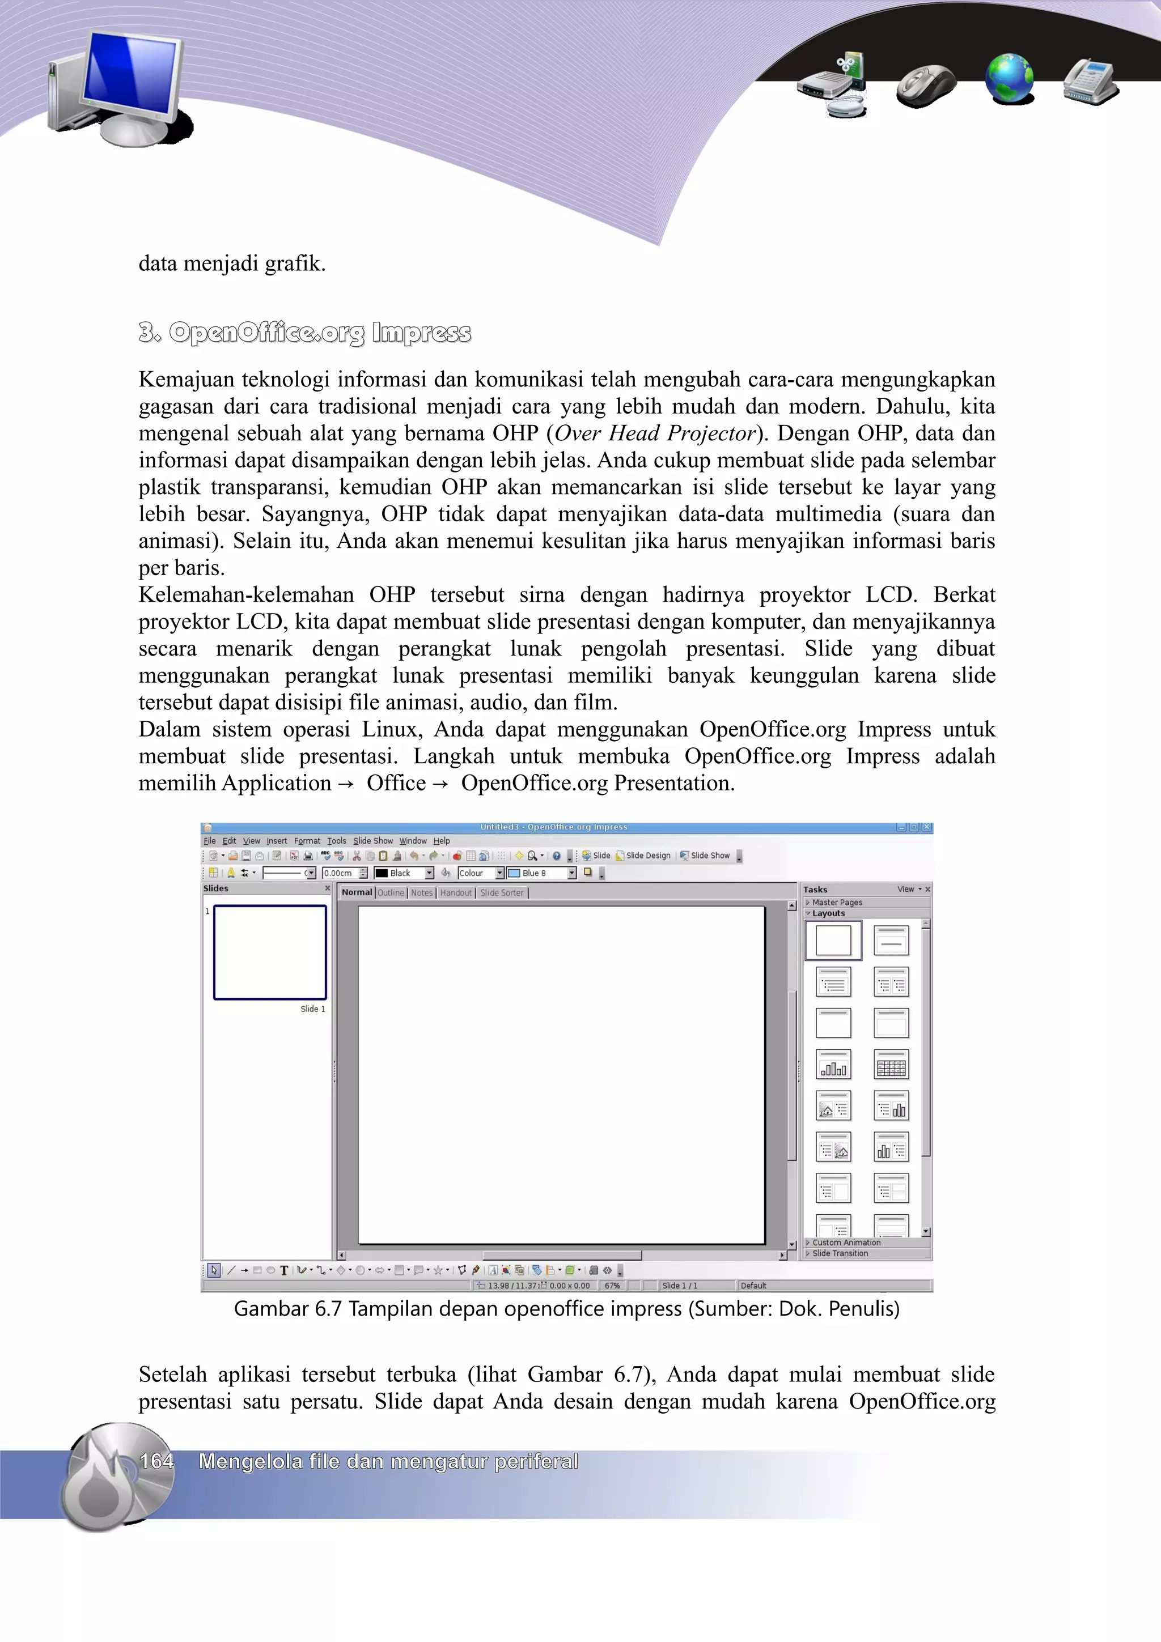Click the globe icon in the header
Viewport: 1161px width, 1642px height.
1009,79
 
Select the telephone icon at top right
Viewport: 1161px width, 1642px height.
1090,82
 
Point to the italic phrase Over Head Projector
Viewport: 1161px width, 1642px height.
655,433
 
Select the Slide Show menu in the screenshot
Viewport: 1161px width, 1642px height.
372,841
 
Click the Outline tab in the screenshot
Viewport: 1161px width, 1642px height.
391,892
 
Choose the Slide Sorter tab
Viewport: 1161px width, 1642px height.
502,892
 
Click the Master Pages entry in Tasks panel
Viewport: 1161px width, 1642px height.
836,903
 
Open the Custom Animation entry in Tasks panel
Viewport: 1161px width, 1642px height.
846,1242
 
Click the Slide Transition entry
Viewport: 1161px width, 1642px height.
840,1253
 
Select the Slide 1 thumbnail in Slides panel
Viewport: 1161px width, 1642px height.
270,952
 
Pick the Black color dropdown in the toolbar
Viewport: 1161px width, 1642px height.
404,873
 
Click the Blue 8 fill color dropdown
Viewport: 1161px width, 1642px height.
541,873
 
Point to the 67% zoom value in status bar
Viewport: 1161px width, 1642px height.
612,1285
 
